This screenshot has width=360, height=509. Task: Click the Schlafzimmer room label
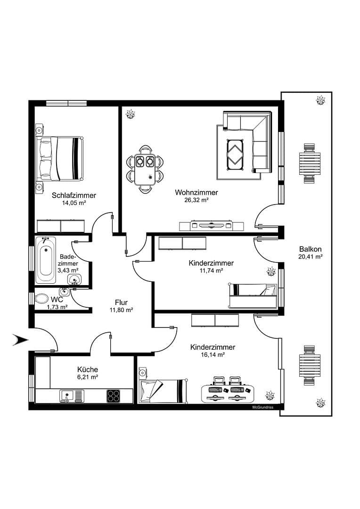click(74, 195)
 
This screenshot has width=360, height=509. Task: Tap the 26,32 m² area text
click(196, 200)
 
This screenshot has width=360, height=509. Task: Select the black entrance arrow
click(20, 339)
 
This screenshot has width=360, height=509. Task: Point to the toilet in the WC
click(42, 299)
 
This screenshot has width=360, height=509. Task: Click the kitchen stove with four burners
click(114, 395)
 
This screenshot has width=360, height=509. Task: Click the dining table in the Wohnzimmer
click(145, 169)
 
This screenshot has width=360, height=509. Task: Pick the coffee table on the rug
click(235, 154)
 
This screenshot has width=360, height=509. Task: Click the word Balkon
click(310, 249)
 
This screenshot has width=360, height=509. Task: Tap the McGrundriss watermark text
click(262, 407)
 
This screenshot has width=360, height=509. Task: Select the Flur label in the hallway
click(121, 303)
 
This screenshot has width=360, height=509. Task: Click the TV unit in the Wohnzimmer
click(211, 225)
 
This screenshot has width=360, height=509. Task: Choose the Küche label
click(88, 369)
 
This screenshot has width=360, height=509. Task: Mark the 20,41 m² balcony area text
click(310, 257)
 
